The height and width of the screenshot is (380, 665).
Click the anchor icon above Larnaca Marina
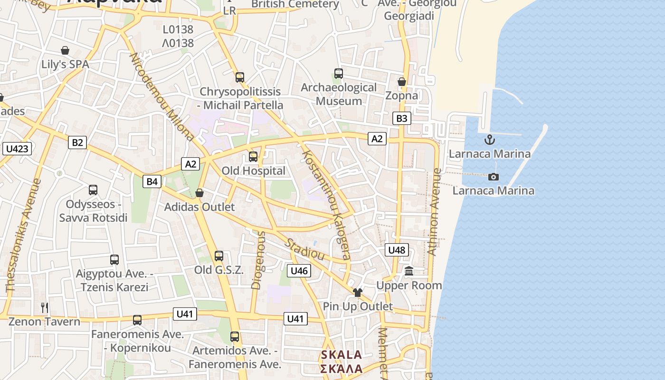coord(489,140)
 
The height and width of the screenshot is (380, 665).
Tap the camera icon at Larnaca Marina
coord(494,177)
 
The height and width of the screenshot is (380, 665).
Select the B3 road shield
coord(401,118)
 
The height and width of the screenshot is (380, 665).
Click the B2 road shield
coord(77,142)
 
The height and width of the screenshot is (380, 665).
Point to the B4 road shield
coord(152,181)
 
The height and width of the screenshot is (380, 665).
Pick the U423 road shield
coord(18,149)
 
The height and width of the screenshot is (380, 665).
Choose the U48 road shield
coord(397,250)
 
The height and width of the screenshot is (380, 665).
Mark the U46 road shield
coord(299,271)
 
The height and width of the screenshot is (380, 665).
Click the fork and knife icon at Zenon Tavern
coord(45,307)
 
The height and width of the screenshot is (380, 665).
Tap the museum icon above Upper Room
coord(409,271)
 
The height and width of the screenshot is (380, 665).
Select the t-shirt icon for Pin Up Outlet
coord(357,292)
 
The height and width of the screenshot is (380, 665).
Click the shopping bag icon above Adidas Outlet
coord(199,193)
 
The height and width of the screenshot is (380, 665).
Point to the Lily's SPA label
coord(65,64)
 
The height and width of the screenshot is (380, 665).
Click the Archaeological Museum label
coord(339,94)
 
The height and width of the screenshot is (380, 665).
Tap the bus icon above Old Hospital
coord(253,157)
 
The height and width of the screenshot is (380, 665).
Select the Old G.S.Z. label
coord(218,270)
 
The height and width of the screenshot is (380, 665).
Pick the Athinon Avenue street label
coord(435,212)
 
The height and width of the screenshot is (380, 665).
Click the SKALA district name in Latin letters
coord(341,355)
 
